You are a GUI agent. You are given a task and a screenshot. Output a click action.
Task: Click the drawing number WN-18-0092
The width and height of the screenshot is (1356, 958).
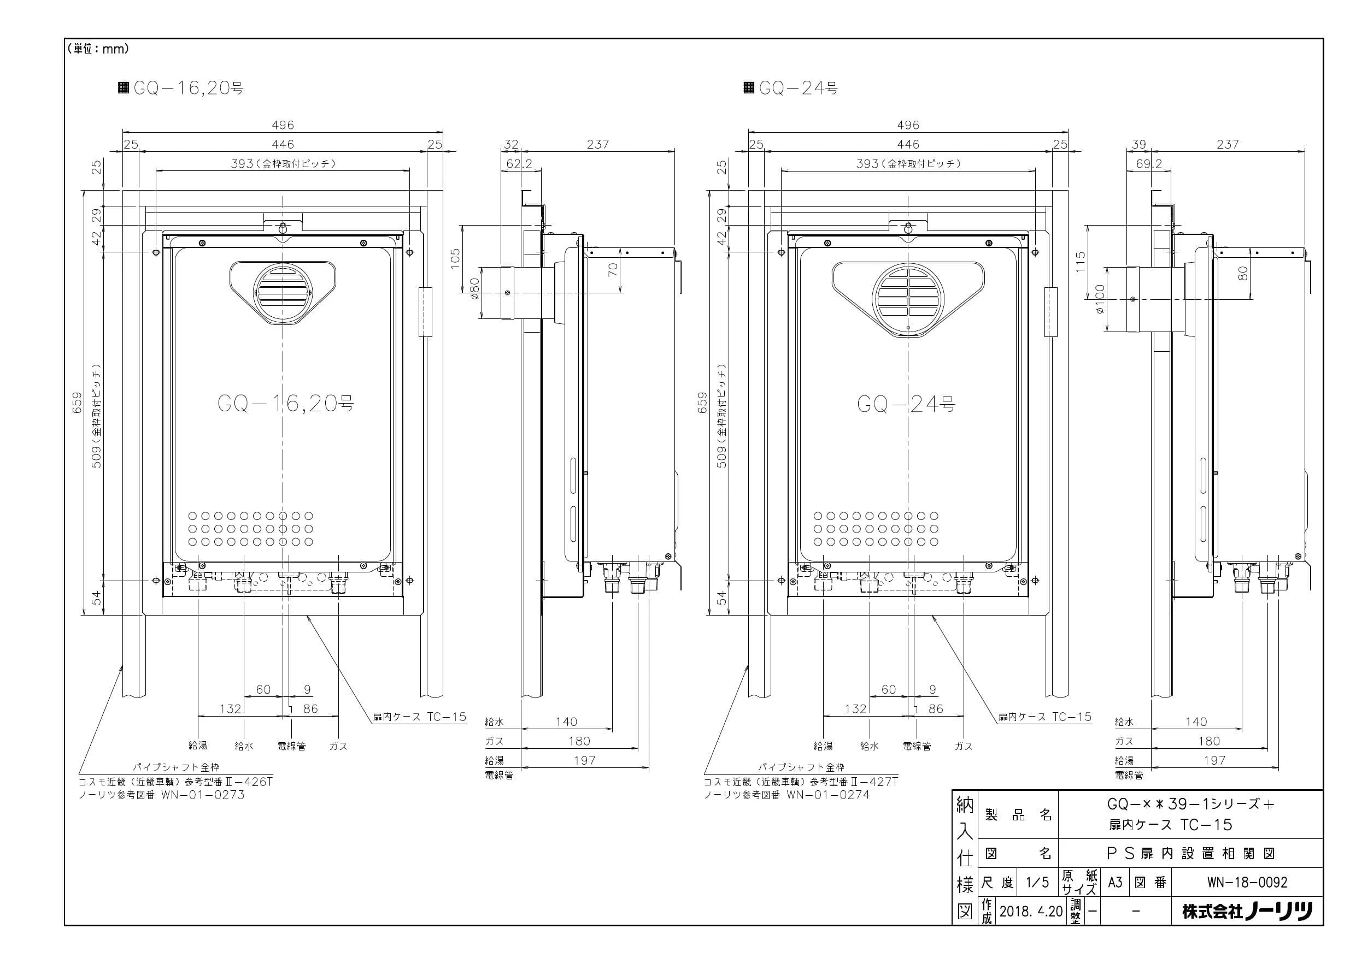1247,883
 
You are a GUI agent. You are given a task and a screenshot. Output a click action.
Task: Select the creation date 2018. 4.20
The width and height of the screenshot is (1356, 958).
1031,912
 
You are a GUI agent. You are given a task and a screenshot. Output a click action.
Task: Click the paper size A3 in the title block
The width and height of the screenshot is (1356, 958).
1114,883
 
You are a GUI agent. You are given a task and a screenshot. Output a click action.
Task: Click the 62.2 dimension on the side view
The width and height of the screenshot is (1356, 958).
519,163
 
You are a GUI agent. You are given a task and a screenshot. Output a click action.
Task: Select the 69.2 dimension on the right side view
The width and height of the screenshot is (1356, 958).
1149,163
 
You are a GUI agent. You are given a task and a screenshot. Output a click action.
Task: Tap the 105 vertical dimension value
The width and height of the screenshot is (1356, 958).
455,258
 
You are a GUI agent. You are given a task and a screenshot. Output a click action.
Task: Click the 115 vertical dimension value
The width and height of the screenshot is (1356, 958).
1080,262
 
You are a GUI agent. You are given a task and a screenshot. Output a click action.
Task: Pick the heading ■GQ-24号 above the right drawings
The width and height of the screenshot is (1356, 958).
790,88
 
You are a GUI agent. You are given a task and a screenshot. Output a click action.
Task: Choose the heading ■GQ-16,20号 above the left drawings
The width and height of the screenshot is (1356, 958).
181,88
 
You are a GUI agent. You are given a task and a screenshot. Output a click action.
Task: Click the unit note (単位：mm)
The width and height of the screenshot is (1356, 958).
98,49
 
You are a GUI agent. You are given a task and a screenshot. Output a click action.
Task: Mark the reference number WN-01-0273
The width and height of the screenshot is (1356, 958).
203,795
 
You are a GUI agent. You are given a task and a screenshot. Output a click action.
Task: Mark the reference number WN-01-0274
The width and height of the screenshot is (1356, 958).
828,795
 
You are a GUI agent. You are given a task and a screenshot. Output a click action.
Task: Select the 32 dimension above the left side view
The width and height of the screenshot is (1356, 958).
511,144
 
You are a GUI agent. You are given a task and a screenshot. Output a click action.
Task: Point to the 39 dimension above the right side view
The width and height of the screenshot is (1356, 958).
1138,144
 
